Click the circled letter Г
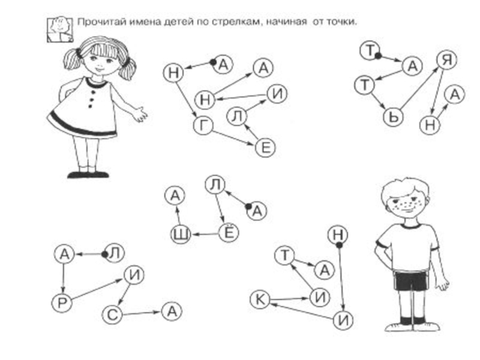[x=203, y=125]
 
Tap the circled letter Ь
[x=394, y=116]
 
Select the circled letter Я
[x=446, y=59]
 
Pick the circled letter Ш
[x=181, y=235]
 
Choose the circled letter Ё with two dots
[x=229, y=233]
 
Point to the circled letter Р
[x=62, y=303]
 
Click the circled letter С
[x=112, y=314]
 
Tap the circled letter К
[x=260, y=299]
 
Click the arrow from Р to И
[x=97, y=289]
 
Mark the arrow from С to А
[x=142, y=313]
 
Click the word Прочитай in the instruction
[x=100, y=22]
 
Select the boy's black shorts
[x=410, y=280]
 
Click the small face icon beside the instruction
[x=60, y=29]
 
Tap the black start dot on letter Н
[x=339, y=245]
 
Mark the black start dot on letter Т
[x=379, y=56]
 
